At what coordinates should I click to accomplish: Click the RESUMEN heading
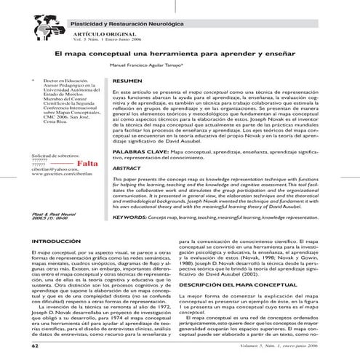[127, 81]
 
